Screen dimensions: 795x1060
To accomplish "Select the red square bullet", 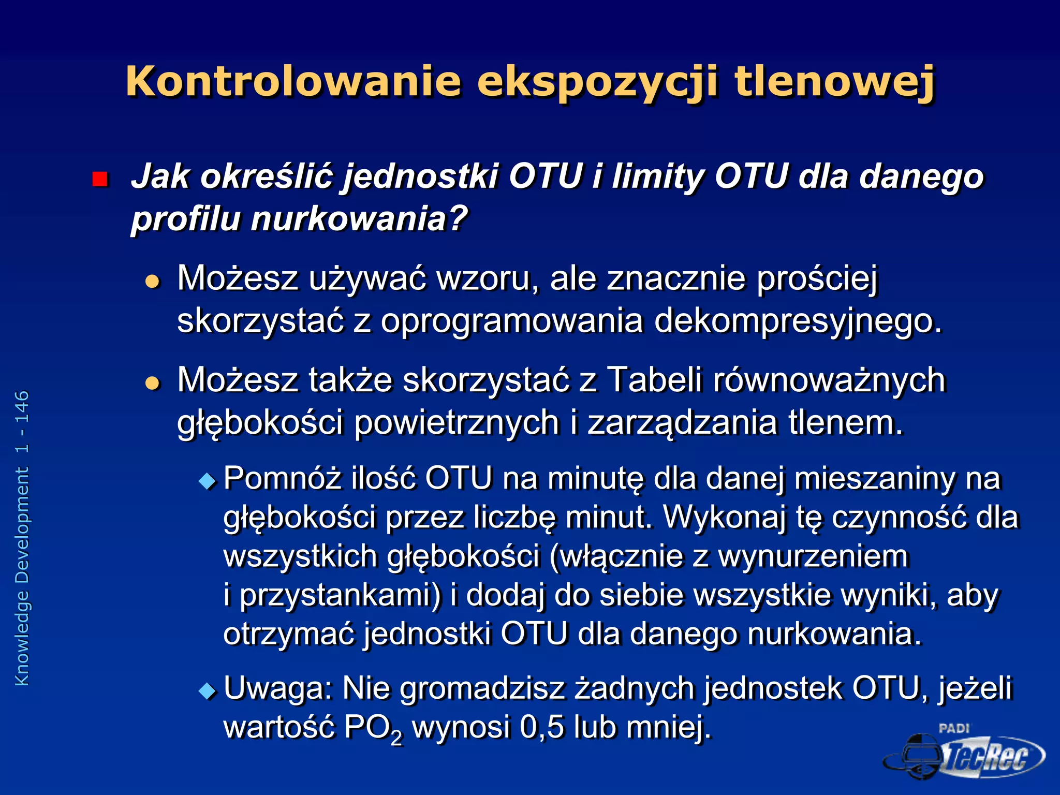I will pyautogui.click(x=99, y=179).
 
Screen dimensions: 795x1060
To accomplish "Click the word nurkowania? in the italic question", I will pyautogui.click(x=359, y=219).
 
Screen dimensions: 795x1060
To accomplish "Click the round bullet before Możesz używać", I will pyautogui.click(x=153, y=282).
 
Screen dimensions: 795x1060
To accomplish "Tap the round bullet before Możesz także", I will pyautogui.click(x=153, y=383).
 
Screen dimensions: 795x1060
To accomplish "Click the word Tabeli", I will pyautogui.click(x=654, y=380).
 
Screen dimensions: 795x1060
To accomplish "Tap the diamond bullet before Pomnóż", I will pyautogui.click(x=208, y=481).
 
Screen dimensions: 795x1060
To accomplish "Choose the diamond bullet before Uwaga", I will pyautogui.click(x=208, y=691).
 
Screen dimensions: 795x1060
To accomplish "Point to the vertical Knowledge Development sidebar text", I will pyautogui.click(x=22, y=538).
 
